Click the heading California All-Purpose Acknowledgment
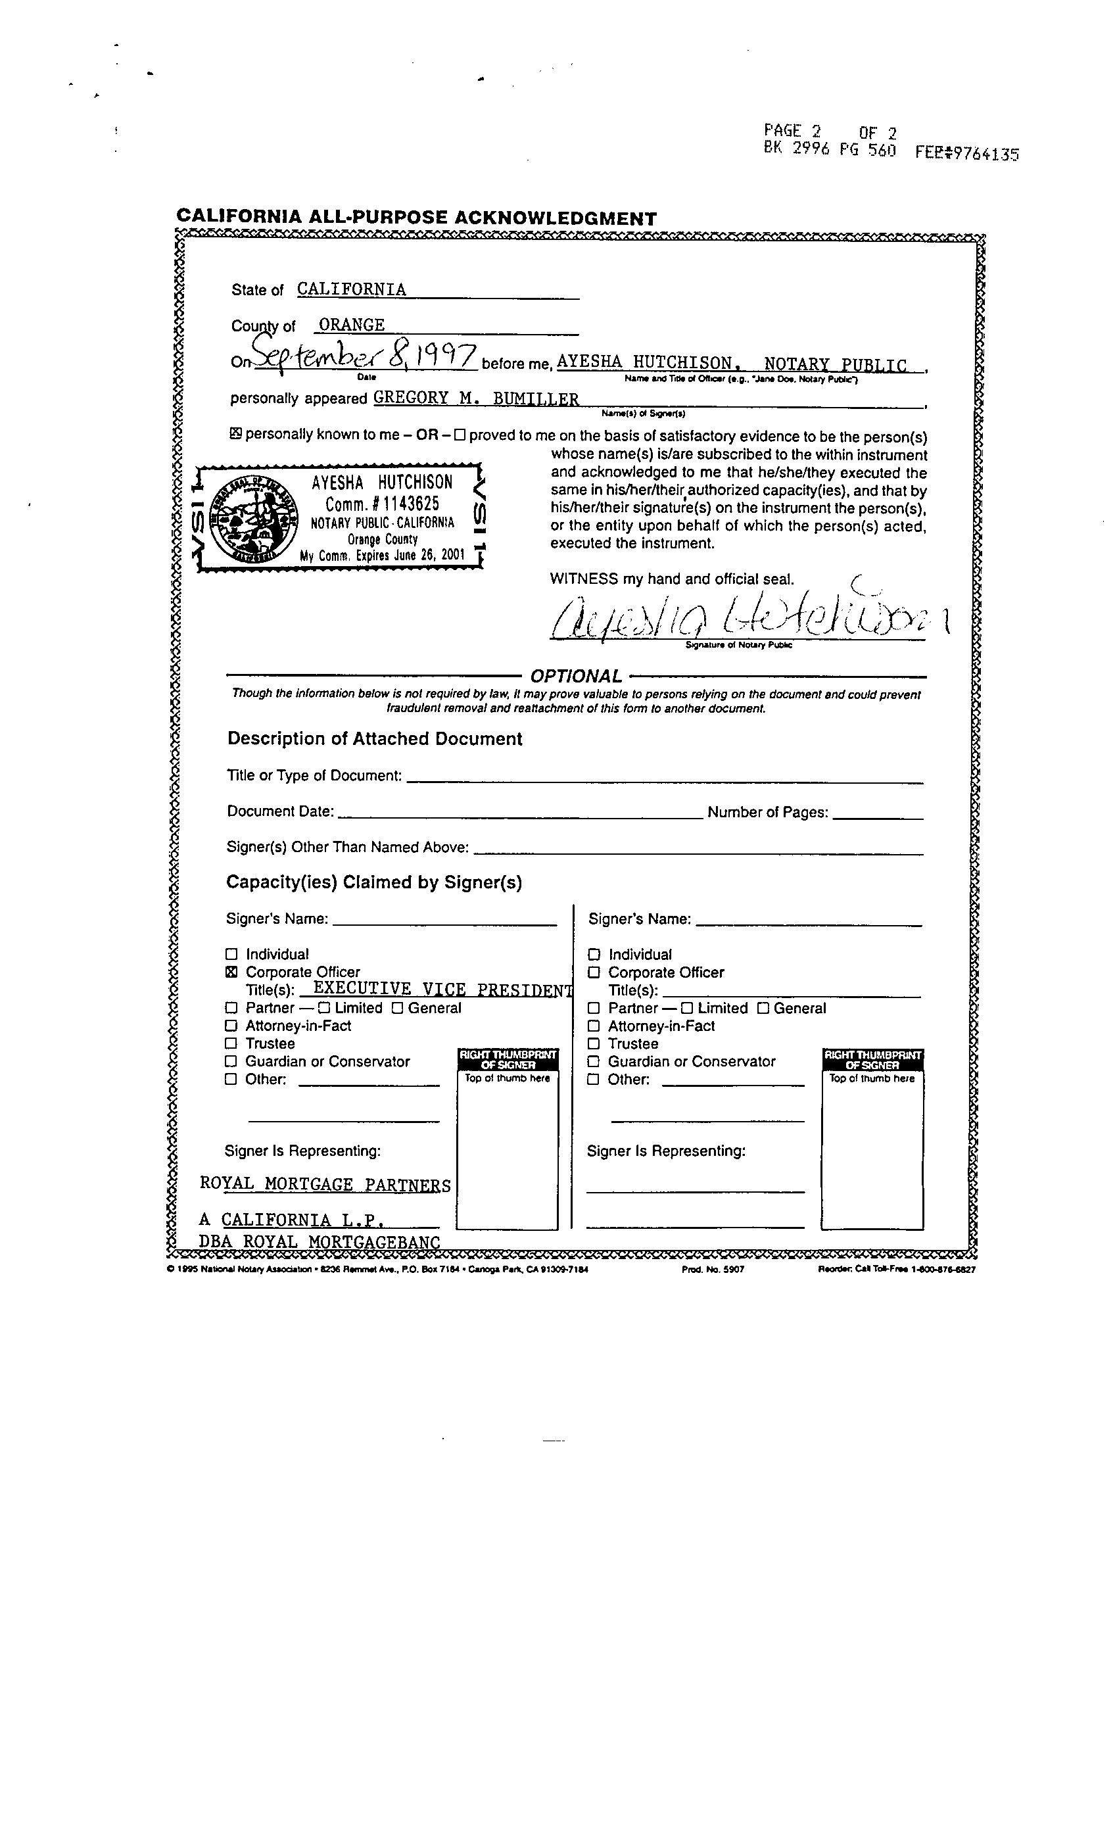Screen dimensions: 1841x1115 click(x=416, y=218)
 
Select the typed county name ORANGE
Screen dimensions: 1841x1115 click(x=351, y=325)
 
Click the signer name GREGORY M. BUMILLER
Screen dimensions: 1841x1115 click(x=476, y=398)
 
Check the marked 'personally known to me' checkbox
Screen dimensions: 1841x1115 click(x=235, y=433)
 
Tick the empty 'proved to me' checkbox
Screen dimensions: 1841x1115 click(x=460, y=434)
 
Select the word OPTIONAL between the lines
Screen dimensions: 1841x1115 click(x=575, y=676)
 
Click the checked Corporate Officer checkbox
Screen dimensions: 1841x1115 click(x=231, y=972)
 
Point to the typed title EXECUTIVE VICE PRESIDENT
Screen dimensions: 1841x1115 click(x=442, y=990)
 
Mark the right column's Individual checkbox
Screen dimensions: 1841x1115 click(x=594, y=954)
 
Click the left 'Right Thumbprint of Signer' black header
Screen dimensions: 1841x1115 click(x=508, y=1059)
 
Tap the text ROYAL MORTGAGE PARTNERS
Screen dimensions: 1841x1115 click(x=325, y=1185)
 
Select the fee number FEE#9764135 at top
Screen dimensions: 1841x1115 click(x=967, y=154)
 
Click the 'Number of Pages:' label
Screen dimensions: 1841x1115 click(x=767, y=812)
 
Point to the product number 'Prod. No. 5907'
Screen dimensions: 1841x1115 click(x=713, y=1270)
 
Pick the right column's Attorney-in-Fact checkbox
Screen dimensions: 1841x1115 click(x=594, y=1026)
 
